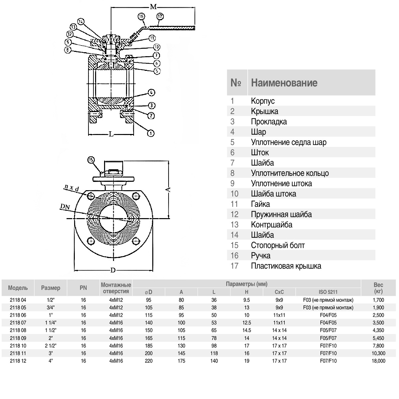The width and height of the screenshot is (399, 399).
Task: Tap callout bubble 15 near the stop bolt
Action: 91,160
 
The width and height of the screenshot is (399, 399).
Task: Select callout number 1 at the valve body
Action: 151,133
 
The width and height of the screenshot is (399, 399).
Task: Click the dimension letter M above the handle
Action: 153,7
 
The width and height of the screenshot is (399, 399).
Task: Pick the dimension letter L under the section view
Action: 111,134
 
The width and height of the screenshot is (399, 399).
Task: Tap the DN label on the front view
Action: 65,206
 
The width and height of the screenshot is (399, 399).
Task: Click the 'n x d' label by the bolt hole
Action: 72,189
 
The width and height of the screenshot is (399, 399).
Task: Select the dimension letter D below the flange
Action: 113,270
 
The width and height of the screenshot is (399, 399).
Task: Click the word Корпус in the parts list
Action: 263,101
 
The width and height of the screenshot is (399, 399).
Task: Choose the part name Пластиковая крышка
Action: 286,266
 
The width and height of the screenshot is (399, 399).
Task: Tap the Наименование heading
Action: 284,83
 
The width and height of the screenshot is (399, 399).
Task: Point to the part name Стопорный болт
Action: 278,245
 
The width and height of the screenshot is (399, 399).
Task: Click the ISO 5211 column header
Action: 328,292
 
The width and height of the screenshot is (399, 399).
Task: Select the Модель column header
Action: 18,288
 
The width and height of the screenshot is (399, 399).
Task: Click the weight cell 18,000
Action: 378,361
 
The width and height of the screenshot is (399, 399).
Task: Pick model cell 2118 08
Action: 18,330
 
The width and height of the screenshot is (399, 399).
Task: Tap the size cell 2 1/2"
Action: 51,345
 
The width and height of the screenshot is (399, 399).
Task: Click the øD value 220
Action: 149,361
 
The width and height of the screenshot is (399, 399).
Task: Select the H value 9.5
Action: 246,300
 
